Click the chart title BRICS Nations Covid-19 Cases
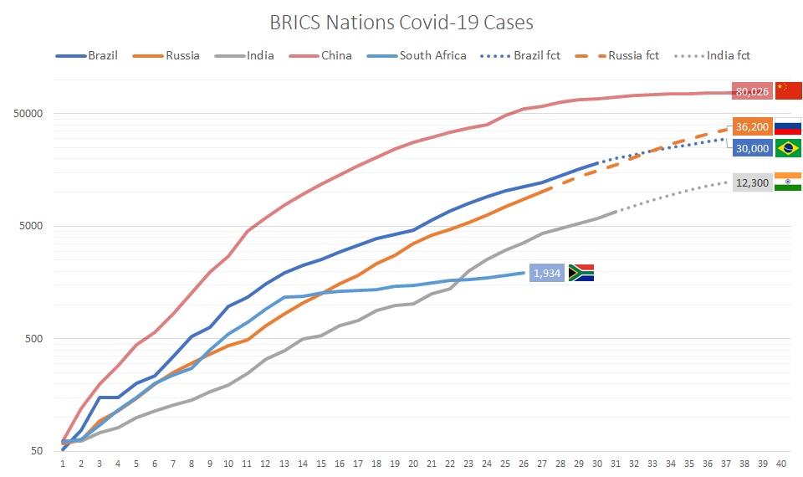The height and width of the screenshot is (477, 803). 401,22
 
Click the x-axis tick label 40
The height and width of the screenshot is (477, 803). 780,462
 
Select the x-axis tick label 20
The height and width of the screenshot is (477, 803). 412,462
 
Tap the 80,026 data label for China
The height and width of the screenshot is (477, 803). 752,91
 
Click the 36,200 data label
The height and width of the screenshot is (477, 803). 752,127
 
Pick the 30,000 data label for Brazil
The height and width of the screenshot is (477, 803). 752,148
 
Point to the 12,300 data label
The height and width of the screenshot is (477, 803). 752,183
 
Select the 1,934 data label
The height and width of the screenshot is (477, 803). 548,273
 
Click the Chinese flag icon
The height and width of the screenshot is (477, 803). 789,90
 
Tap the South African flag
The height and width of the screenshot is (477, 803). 581,273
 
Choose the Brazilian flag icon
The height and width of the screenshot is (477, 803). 789,149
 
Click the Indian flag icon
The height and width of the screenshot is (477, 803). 789,182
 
